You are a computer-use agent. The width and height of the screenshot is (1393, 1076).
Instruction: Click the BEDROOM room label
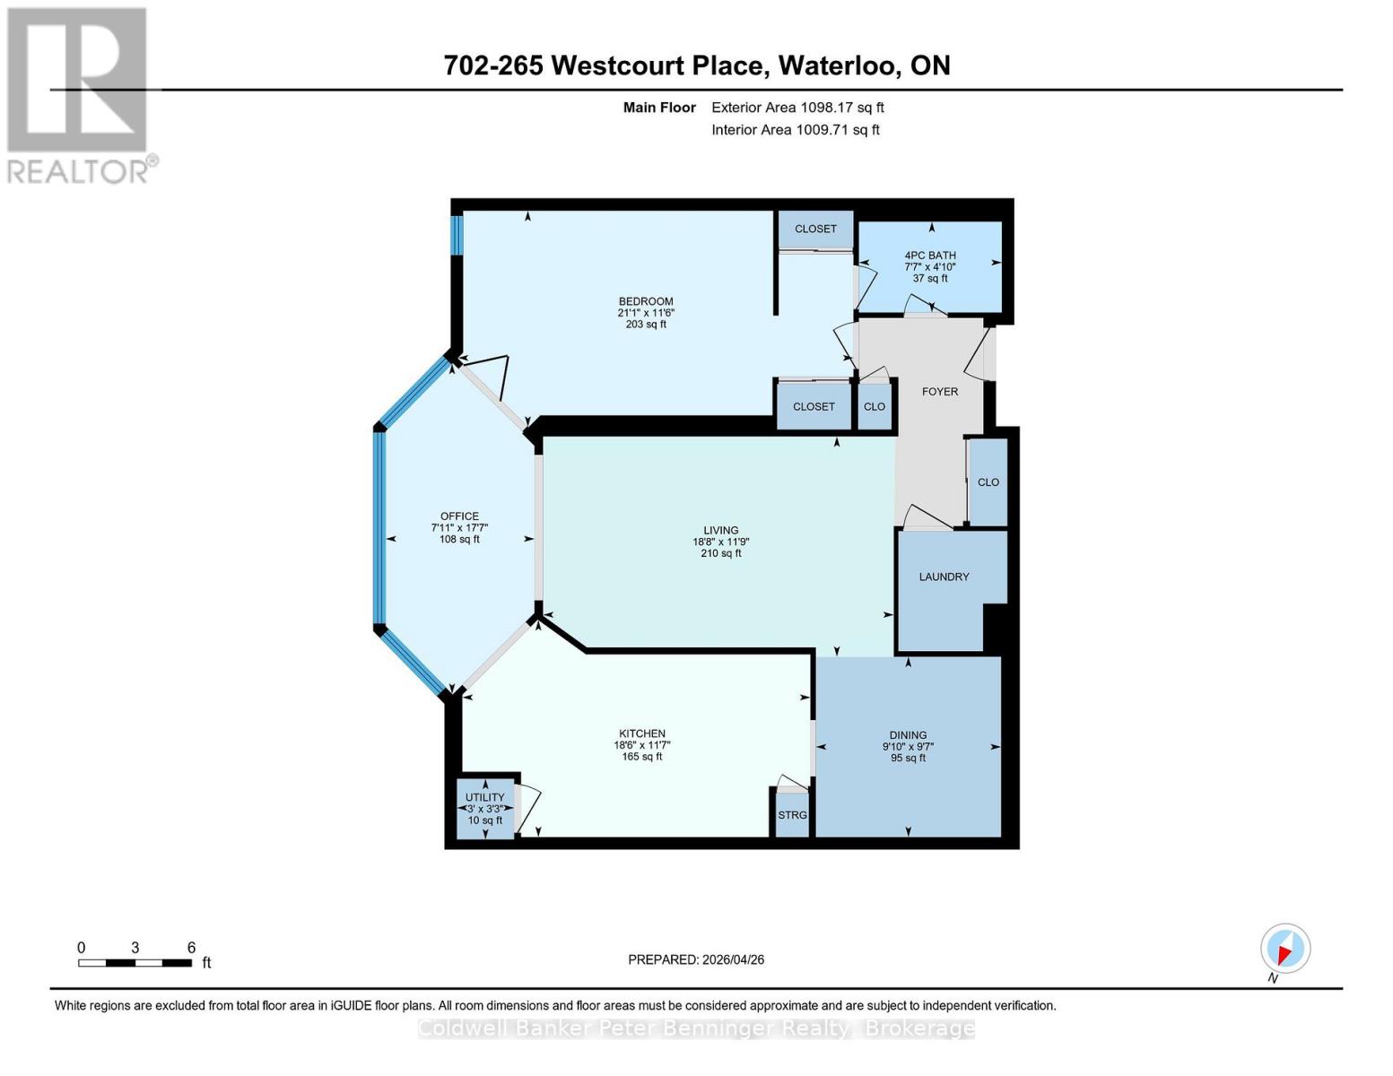pos(645,301)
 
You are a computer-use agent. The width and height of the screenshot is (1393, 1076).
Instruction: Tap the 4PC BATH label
pos(929,256)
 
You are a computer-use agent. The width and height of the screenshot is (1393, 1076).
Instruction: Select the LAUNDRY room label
pos(944,577)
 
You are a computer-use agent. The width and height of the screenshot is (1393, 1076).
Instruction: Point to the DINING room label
pos(908,735)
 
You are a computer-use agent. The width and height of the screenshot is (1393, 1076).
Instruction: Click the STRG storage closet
pos(792,815)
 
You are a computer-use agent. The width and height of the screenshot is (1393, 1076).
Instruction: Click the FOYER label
pos(939,392)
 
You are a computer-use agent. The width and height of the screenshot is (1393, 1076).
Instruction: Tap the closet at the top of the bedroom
pos(815,230)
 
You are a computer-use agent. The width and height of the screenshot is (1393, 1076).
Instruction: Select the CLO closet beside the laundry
pos(988,482)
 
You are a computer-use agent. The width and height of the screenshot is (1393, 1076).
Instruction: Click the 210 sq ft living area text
pos(720,554)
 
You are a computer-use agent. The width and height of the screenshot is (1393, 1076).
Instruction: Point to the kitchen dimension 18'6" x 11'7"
pos(641,745)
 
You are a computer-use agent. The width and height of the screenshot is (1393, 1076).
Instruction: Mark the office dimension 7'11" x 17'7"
pos(459,528)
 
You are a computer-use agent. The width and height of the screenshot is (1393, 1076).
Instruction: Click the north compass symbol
pos(1284,949)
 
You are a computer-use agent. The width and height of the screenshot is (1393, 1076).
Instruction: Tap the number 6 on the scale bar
pos(191,948)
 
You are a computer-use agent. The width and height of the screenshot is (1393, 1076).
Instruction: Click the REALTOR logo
pos(78,94)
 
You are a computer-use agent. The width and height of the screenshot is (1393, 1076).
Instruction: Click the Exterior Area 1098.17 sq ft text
pos(797,108)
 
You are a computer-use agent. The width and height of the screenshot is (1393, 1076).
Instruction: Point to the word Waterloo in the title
pos(839,65)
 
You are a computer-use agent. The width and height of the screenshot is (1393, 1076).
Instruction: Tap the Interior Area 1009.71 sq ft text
pos(795,130)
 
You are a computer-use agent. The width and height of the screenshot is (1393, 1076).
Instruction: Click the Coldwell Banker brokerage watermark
pos(696,1028)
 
